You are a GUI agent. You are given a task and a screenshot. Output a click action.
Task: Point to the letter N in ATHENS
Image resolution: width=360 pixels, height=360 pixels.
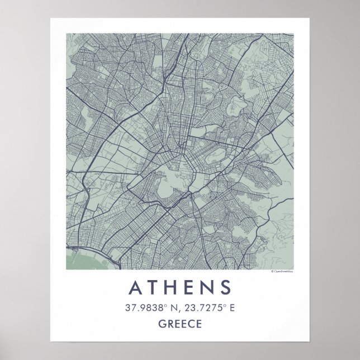click(207, 287)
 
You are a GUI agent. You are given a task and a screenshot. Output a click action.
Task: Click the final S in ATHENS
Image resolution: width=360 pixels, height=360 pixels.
click(225, 287)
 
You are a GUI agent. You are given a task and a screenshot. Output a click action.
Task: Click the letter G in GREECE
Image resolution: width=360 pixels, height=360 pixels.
click(163, 323)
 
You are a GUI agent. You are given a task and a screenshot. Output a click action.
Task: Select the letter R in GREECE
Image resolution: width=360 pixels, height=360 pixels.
click(170, 323)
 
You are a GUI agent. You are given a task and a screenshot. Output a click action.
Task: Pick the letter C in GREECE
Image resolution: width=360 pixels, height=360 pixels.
click(190, 323)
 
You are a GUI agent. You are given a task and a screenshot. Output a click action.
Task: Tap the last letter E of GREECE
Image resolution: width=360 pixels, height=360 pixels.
click(197, 323)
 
